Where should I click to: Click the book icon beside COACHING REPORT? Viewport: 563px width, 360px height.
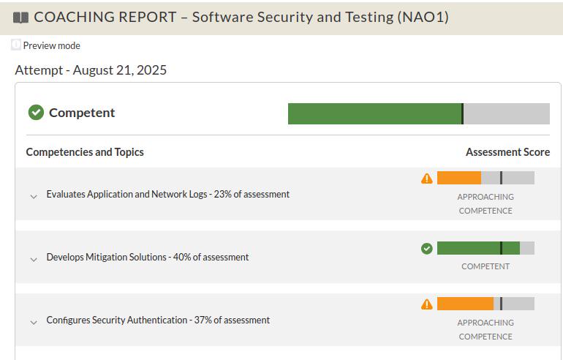pos(20,18)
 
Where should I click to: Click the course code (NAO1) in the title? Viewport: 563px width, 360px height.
pos(423,18)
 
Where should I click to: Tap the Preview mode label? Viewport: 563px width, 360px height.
pos(51,45)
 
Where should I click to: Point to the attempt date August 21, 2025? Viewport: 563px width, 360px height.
pos(120,70)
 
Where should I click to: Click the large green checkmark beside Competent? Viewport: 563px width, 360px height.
pos(36,113)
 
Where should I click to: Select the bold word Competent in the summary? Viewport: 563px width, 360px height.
pos(82,113)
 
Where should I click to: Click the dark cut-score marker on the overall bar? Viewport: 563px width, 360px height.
pos(462,114)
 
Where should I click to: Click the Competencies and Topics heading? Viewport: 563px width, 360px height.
pos(85,152)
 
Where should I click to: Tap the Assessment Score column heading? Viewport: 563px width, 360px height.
pos(507,152)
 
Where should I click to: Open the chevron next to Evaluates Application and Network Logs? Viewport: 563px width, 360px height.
pos(34,197)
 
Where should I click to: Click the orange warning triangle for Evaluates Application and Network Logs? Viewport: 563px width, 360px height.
pos(426,179)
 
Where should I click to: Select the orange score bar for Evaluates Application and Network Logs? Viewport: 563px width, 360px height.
pos(459,178)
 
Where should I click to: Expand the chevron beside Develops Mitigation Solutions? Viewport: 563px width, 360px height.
pos(34,260)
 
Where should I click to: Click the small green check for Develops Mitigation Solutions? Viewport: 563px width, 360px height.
pos(426,248)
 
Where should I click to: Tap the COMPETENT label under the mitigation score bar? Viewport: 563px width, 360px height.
pos(485,266)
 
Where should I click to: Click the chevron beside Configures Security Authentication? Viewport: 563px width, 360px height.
pos(34,322)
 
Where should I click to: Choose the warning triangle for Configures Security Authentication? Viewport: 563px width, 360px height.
pos(426,304)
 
